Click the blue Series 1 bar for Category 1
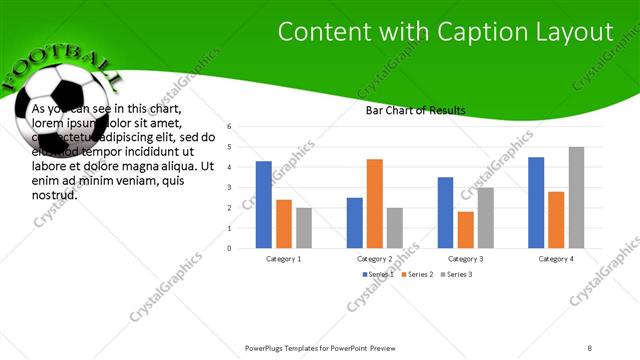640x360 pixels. coord(264,204)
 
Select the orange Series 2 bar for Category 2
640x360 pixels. coord(374,203)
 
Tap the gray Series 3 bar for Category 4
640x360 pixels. coord(576,197)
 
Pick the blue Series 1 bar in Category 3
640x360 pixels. coord(445,212)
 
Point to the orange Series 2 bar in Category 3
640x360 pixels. coord(465,229)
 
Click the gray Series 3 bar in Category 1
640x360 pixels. coord(304,227)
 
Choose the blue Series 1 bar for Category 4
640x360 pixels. coord(536,202)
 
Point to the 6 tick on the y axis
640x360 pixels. coord(229,127)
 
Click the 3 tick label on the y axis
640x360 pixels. coord(229,187)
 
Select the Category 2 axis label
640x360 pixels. coord(374,258)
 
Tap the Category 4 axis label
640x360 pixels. coord(556,258)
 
